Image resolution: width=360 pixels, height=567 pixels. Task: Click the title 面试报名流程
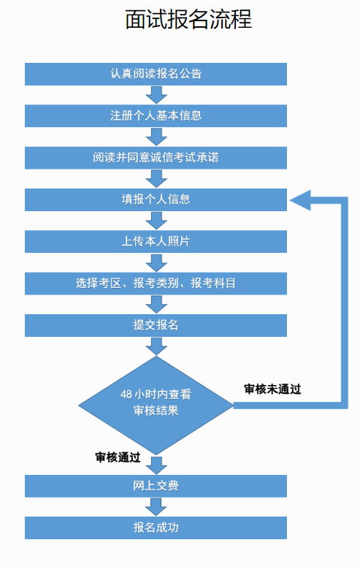pos(188,19)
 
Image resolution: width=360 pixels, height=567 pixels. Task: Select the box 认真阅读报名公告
pos(156,74)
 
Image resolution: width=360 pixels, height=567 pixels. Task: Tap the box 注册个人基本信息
pos(156,115)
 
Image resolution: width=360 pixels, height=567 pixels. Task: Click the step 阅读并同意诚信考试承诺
pos(156,158)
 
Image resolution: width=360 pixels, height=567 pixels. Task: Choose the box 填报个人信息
pos(156,199)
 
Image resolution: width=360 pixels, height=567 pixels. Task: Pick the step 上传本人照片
pos(156,241)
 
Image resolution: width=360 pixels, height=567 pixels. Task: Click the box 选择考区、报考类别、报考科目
pos(156,283)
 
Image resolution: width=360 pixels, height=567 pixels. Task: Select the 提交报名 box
pos(156,325)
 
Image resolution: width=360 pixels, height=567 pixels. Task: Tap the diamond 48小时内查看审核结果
pos(156,406)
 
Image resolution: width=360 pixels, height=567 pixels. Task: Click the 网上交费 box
pos(156,486)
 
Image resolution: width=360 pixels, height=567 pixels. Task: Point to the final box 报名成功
pos(156,528)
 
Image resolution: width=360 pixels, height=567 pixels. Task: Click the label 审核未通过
pos(272,389)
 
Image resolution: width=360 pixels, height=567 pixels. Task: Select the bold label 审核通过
pos(118,457)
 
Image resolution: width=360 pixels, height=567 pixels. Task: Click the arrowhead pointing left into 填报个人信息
pos(300,200)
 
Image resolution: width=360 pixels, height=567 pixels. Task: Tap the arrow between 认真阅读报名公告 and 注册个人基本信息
pos(156,95)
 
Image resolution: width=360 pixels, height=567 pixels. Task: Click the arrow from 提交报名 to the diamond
pos(156,346)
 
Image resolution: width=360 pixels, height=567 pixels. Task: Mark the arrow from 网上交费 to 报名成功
pos(156,507)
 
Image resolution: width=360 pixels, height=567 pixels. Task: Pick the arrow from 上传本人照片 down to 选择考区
pos(156,262)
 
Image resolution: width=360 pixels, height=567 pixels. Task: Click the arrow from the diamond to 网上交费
pos(156,465)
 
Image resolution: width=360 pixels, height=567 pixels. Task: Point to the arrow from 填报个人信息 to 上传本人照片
pos(156,221)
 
